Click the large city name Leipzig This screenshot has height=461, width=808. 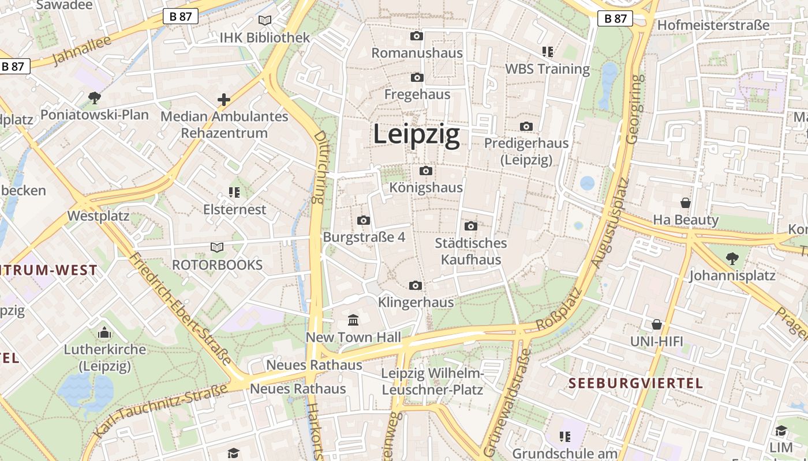click(416, 134)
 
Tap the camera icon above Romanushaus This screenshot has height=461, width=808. click(417, 36)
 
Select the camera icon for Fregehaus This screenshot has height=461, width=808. click(417, 77)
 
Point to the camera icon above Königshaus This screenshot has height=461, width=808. click(426, 171)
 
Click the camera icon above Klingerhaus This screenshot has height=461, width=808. click(415, 285)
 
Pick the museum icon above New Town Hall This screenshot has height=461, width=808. click(353, 320)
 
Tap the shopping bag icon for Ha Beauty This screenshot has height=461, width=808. click(686, 203)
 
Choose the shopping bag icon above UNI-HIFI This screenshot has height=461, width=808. click(656, 324)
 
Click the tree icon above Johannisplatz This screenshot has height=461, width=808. click(732, 259)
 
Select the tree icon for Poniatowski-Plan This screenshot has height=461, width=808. click(95, 98)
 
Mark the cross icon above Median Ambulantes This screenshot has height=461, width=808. click(224, 100)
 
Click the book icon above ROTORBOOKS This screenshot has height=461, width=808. click(217, 248)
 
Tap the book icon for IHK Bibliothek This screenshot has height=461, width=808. click(265, 21)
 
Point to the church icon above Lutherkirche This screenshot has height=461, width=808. click(104, 332)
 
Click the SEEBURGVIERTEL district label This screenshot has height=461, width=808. click(635, 383)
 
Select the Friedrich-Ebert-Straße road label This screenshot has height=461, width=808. click(181, 309)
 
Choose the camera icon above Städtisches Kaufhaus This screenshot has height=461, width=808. click(471, 226)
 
